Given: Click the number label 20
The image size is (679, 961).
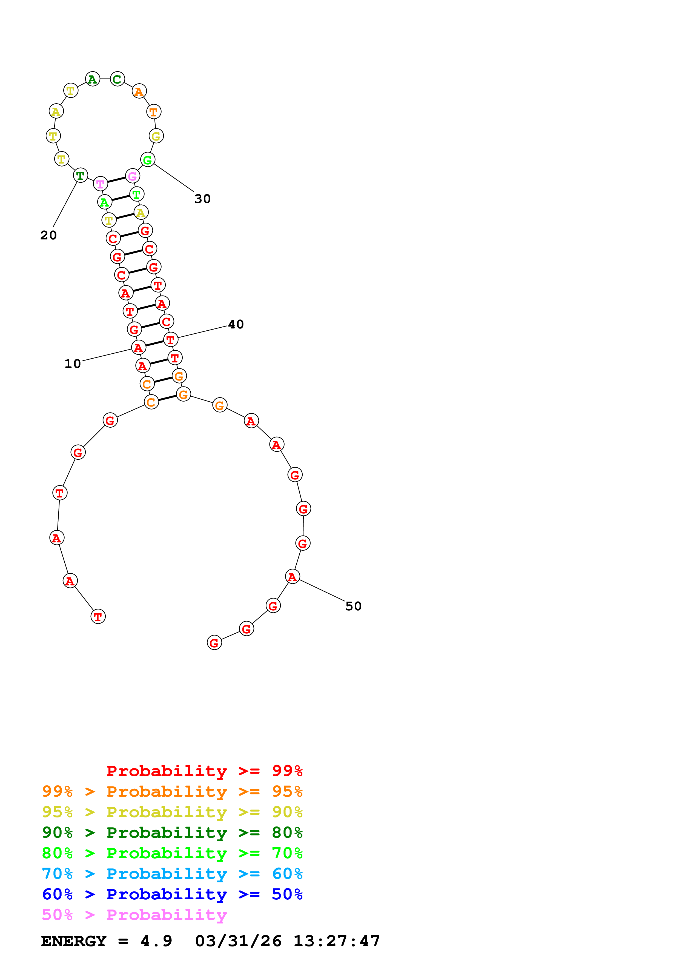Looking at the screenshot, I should (48, 235).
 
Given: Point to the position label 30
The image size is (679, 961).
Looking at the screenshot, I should (202, 199).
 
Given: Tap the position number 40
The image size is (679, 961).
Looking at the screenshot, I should (236, 324).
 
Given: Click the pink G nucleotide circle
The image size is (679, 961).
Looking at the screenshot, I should (133, 176).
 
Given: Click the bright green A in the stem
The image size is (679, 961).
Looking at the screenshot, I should (105, 202).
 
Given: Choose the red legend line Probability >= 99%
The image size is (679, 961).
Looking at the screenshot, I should (204, 771).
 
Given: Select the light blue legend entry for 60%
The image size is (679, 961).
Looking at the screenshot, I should (172, 874).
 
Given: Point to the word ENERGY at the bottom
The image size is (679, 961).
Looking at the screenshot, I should (74, 941).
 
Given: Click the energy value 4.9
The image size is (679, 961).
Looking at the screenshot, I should (156, 941).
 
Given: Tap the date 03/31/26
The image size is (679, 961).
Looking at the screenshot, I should (238, 941).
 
